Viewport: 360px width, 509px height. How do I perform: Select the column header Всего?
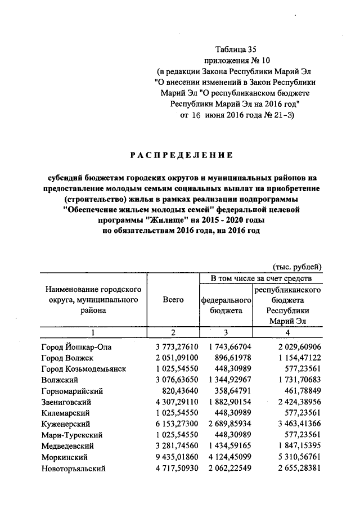[x=173, y=300]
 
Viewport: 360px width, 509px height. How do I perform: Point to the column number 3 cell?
[x=226, y=332]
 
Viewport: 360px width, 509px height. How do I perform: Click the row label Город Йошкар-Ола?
[x=76, y=348]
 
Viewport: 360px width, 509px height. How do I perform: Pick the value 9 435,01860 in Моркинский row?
[x=176, y=457]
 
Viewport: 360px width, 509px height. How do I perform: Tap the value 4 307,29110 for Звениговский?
[x=176, y=402]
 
